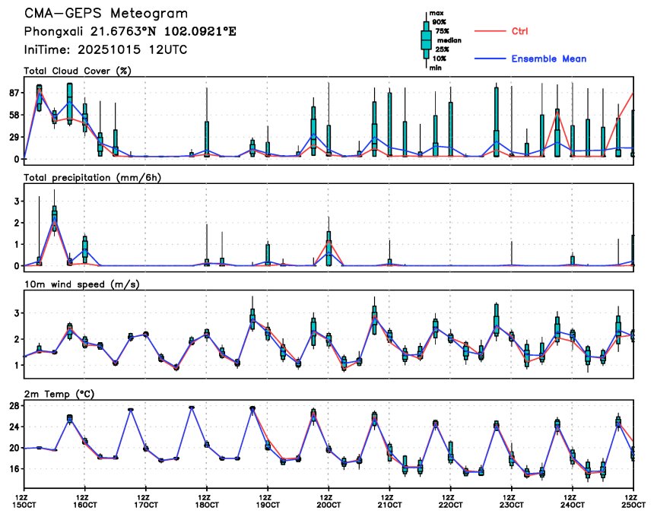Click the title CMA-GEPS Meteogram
pos(106,14)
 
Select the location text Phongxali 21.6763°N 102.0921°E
pos(130,32)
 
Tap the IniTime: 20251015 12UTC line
pos(106,49)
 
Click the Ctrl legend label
pos(519,31)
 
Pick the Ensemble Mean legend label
pos(548,59)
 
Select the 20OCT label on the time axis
pos(328,504)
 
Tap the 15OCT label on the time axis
pos(24,504)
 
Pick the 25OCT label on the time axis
pos(633,504)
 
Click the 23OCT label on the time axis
pos(511,504)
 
